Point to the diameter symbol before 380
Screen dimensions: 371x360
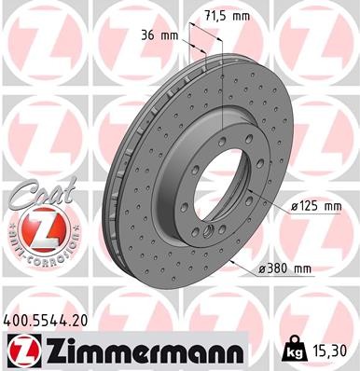[266, 268]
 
